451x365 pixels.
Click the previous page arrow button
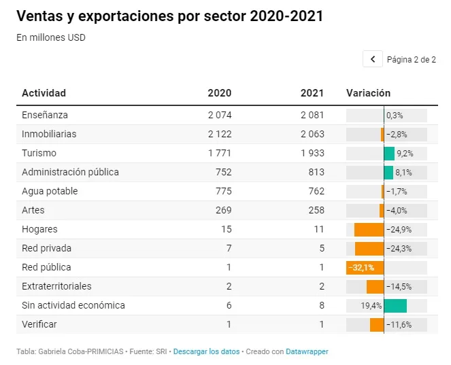pyautogui.click(x=373, y=59)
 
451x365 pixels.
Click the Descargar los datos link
pyautogui.click(x=206, y=351)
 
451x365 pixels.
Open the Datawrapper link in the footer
pyautogui.click(x=307, y=351)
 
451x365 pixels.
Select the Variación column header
pyautogui.click(x=368, y=93)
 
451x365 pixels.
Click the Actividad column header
pyautogui.click(x=44, y=93)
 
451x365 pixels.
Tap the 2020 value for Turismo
pyautogui.click(x=220, y=153)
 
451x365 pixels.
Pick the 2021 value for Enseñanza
pyautogui.click(x=312, y=116)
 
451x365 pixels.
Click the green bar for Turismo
pyautogui.click(x=389, y=154)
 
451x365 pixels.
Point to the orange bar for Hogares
pyautogui.click(x=369, y=230)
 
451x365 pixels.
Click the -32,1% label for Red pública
pyautogui.click(x=361, y=268)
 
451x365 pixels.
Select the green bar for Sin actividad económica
pyautogui.click(x=395, y=306)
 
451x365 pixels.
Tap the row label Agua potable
pyautogui.click(x=50, y=191)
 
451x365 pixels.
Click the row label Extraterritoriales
pyautogui.click(x=56, y=286)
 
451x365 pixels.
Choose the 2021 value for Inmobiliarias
pyautogui.click(x=312, y=134)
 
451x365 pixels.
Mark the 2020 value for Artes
pyautogui.click(x=224, y=211)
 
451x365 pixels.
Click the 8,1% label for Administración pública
pyautogui.click(x=403, y=173)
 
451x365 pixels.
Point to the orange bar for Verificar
pyautogui.click(x=377, y=325)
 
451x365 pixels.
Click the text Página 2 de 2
pyautogui.click(x=412, y=60)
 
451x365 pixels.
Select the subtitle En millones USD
pyautogui.click(x=51, y=37)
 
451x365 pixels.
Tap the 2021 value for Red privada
pyautogui.click(x=322, y=248)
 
